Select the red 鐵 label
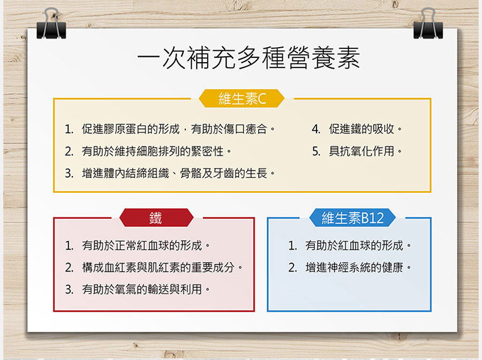[x=155, y=218]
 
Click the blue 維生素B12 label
[x=352, y=218]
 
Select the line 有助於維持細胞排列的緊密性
[x=156, y=152]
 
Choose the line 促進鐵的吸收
[x=365, y=129]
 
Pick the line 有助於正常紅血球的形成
[x=145, y=246]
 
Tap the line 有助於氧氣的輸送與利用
[x=145, y=289]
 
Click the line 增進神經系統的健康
[x=358, y=267]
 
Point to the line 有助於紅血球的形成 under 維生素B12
[x=358, y=246]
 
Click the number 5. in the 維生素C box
[x=317, y=152]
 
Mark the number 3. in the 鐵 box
[x=69, y=289]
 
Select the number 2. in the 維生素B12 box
[x=292, y=267]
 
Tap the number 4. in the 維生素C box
[x=317, y=129]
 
